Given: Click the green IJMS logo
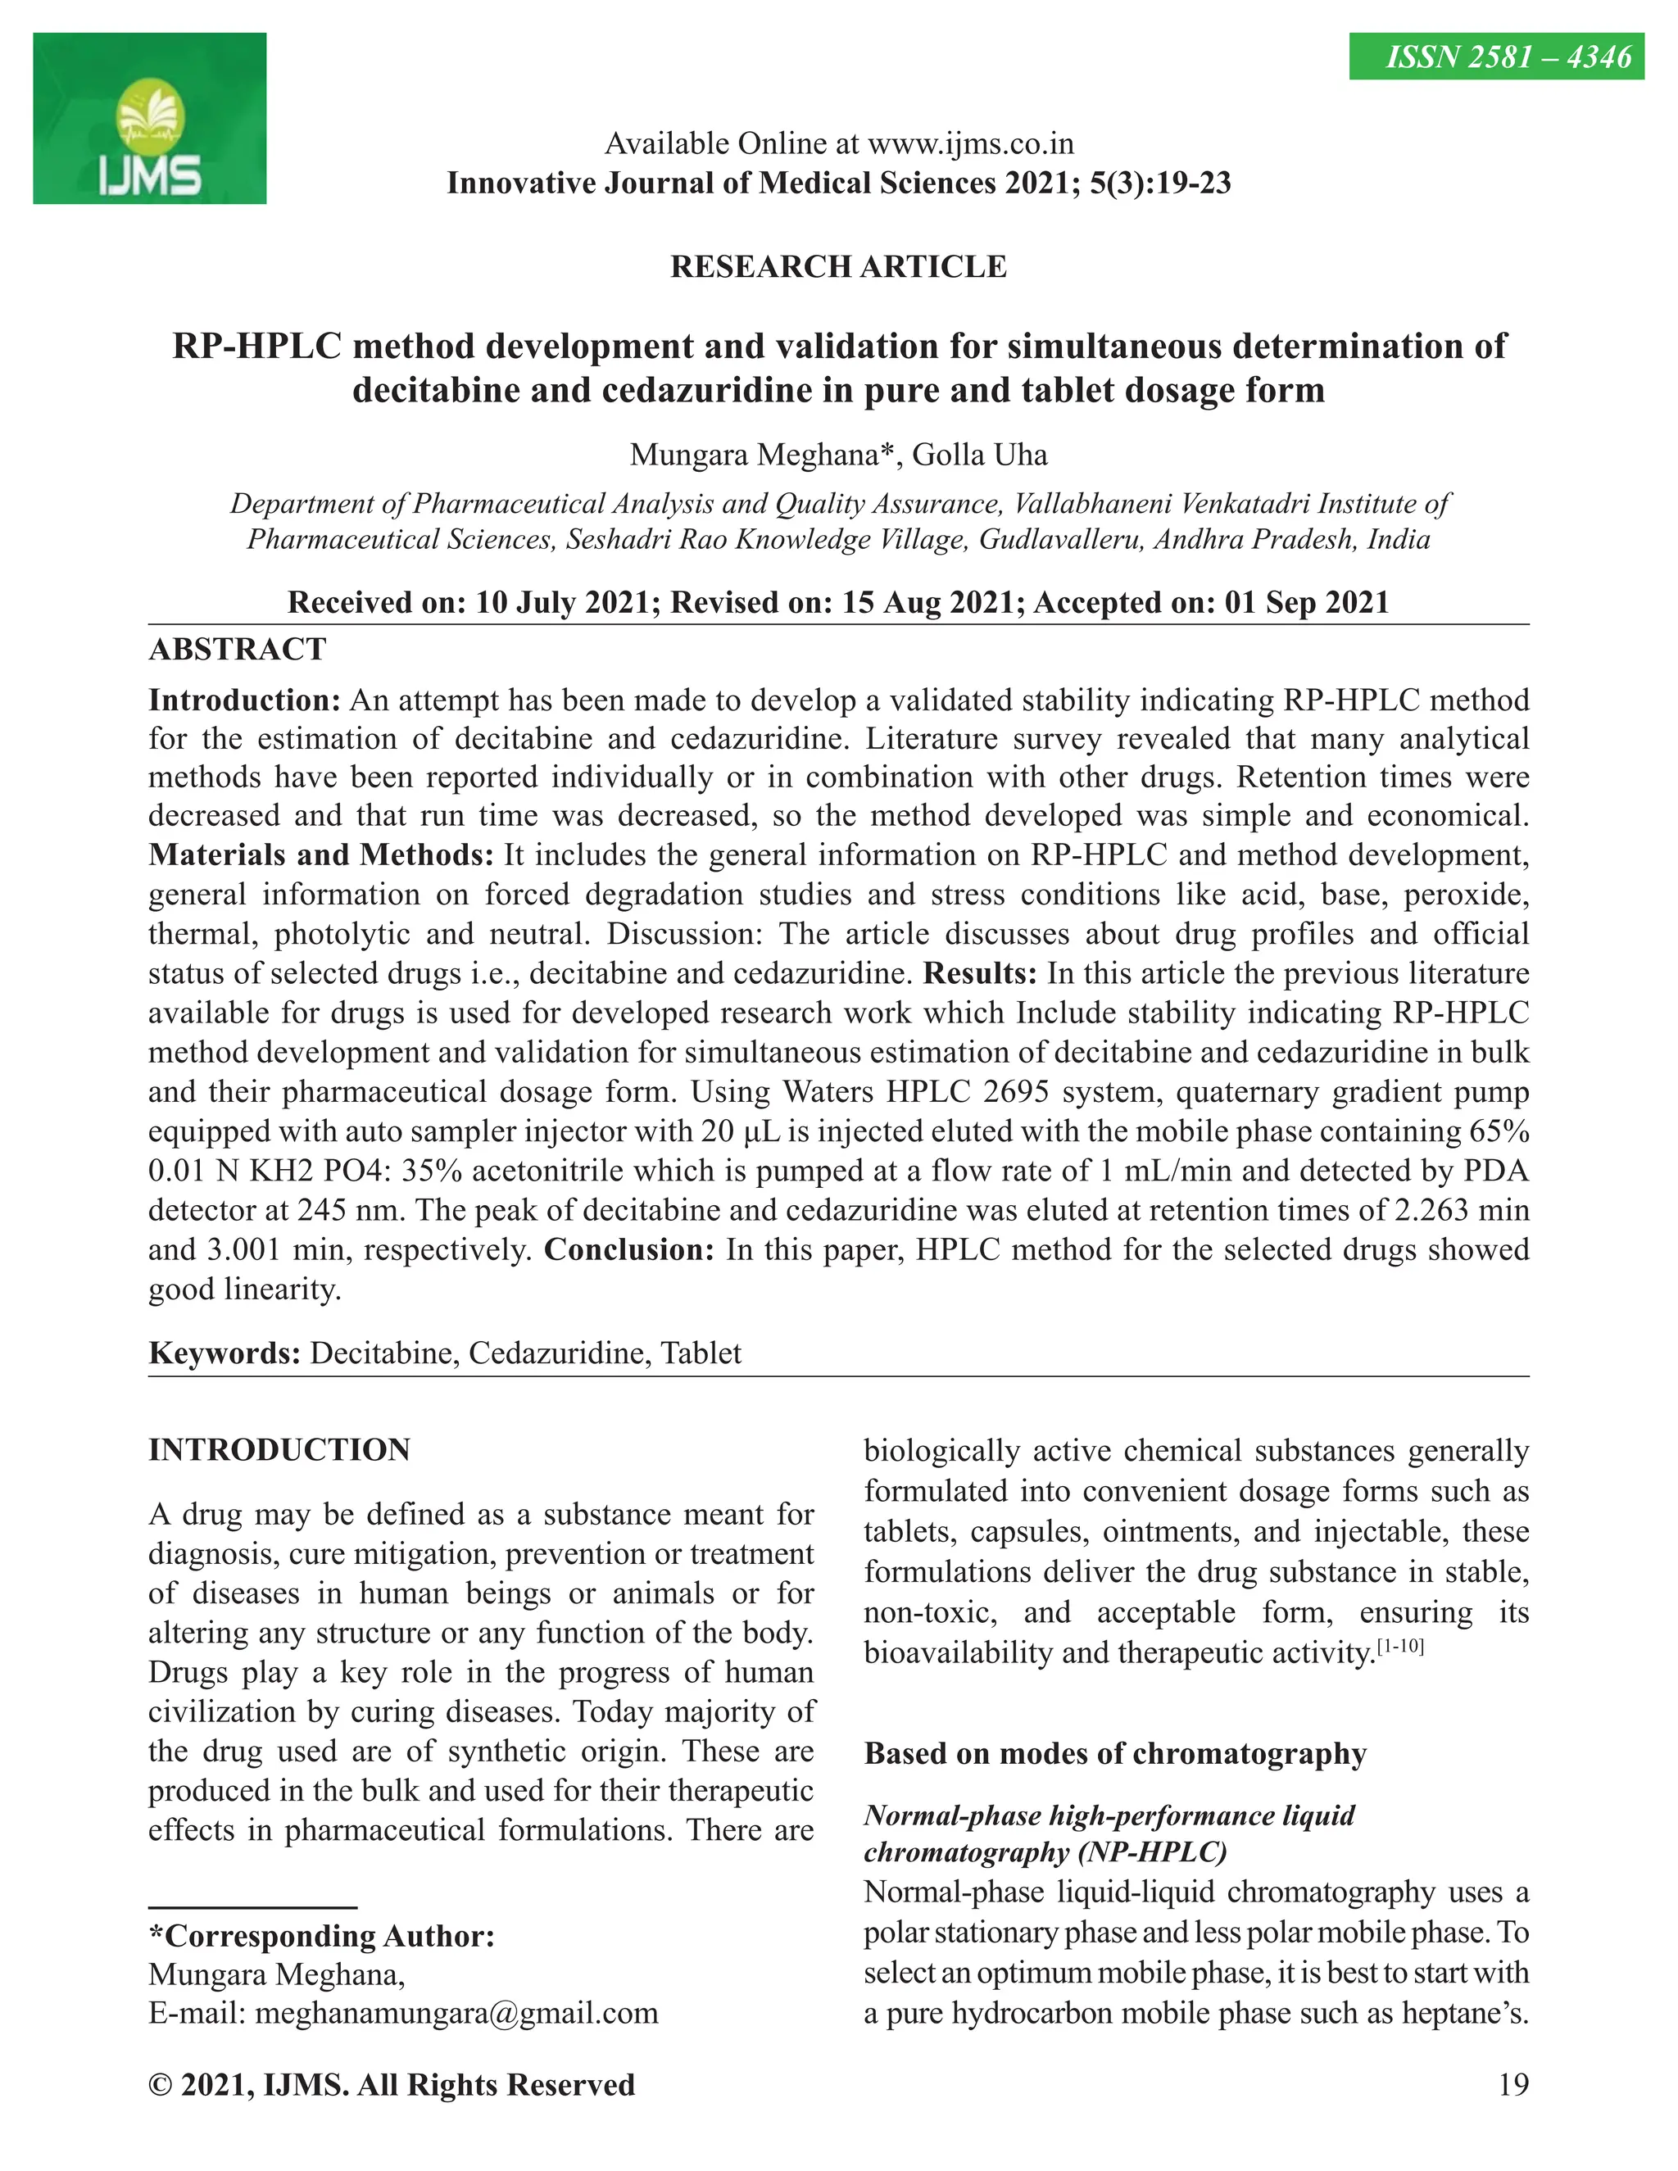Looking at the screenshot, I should tap(149, 118).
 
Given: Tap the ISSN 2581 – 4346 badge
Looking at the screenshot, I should tap(1495, 57).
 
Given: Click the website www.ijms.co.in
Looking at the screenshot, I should tap(970, 144).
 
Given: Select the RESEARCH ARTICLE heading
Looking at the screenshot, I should tap(838, 266).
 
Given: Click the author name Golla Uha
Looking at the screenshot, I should tap(979, 455).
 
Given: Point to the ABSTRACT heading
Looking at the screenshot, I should tap(237, 649).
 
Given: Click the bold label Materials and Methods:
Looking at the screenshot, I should tap(320, 854).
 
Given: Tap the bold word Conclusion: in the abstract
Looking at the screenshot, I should tap(628, 1249).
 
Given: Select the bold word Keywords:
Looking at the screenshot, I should tap(224, 1353).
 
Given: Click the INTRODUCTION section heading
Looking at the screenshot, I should tap(279, 1449).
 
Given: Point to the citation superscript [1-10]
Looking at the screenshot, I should tap(1399, 1646).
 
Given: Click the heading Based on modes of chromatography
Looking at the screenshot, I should tap(1114, 1752).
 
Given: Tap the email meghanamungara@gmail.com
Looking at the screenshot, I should tap(456, 2013).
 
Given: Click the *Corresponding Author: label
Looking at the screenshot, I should tap(321, 1935).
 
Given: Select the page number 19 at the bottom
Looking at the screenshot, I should tap(1512, 2084).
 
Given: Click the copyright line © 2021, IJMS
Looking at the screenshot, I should tap(391, 2084).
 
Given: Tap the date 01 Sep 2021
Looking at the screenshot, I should tap(1306, 601).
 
